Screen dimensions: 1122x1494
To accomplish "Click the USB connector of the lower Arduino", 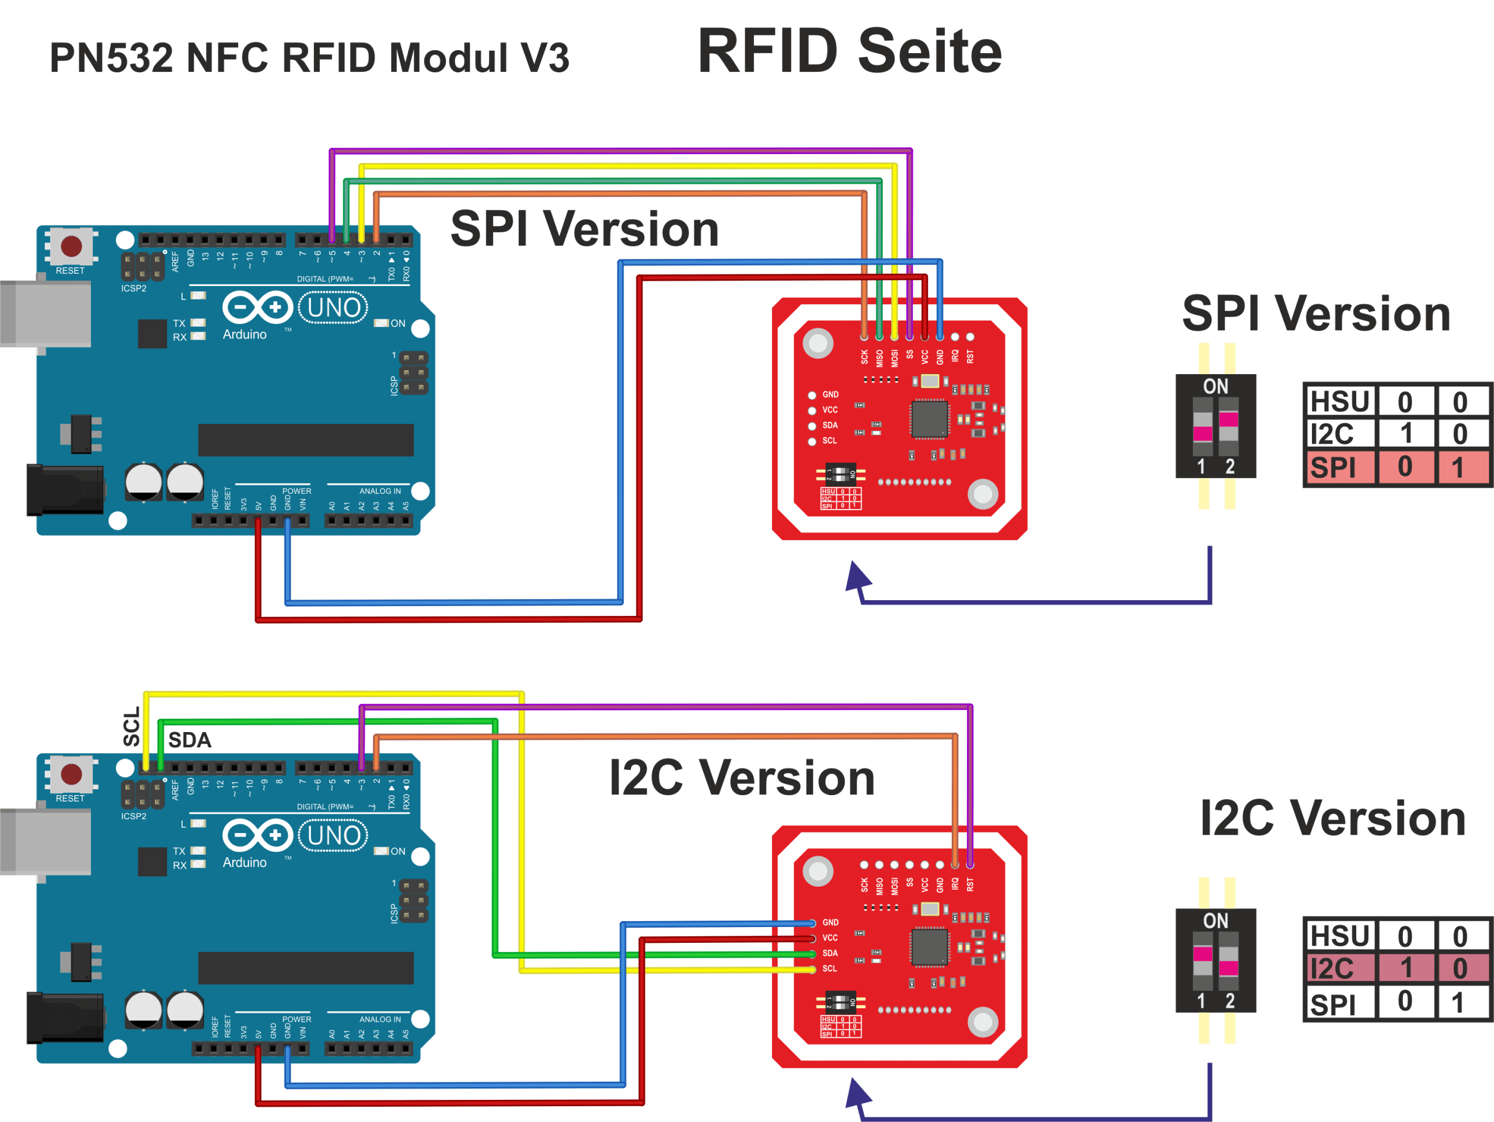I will click(x=46, y=842).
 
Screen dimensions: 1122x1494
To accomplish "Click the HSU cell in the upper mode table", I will click(x=1340, y=402).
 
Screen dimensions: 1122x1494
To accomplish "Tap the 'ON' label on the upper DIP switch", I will click(x=1216, y=386).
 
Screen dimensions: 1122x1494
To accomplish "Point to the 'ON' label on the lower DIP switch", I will click(x=1216, y=921).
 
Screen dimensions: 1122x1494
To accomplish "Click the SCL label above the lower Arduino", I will click(x=132, y=727).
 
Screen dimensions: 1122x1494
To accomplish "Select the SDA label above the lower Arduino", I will click(x=190, y=740).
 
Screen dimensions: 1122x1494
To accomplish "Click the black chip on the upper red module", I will click(x=929, y=419).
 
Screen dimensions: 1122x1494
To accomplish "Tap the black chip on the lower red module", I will click(x=929, y=947).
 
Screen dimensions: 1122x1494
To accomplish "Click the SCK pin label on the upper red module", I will click(x=864, y=357).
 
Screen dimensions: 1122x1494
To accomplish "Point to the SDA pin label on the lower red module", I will click(x=830, y=953).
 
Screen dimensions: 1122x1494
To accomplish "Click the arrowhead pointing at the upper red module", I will click(x=857, y=577).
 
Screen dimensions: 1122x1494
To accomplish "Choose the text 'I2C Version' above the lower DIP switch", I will click(x=1332, y=818).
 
